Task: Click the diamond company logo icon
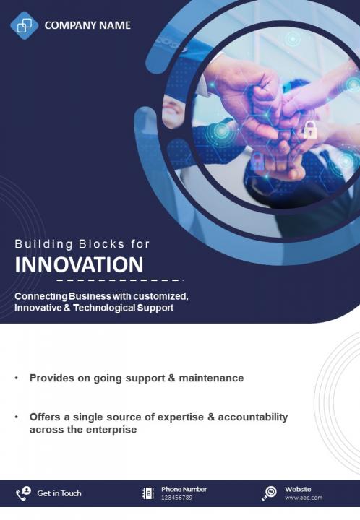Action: click(x=25, y=25)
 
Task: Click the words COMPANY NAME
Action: click(x=87, y=25)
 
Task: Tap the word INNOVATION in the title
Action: click(x=79, y=264)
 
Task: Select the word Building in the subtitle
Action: click(x=43, y=244)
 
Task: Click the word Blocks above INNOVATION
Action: click(x=101, y=244)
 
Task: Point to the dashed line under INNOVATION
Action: click(x=120, y=280)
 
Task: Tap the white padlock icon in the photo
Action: click(x=310, y=130)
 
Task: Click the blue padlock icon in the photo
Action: click(x=257, y=161)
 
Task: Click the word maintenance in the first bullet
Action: click(x=211, y=378)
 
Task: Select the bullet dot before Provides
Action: click(x=16, y=378)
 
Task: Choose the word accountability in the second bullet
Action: click(x=253, y=417)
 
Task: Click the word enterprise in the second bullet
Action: click(x=109, y=430)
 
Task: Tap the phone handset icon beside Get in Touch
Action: click(x=23, y=493)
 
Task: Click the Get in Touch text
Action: click(x=59, y=493)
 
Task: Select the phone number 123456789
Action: click(x=177, y=498)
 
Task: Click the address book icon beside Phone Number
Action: click(x=148, y=493)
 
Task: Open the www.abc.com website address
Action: click(x=304, y=498)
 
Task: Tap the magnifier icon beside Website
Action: click(x=269, y=493)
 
